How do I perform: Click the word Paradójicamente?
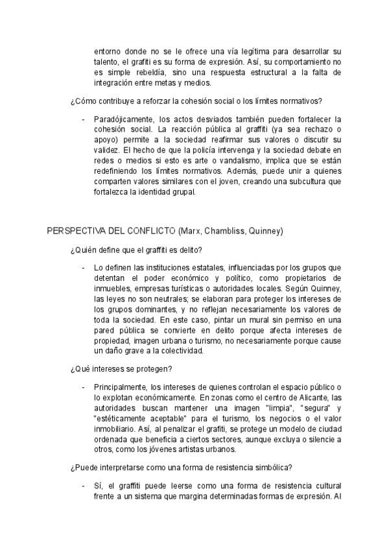(123, 120)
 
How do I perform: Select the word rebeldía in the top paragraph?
(147, 72)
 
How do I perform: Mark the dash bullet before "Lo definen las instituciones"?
(84, 267)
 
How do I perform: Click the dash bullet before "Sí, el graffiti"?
(84, 486)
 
